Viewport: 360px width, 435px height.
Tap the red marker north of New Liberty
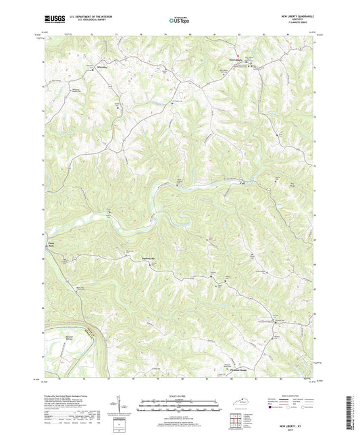coord(237,55)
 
